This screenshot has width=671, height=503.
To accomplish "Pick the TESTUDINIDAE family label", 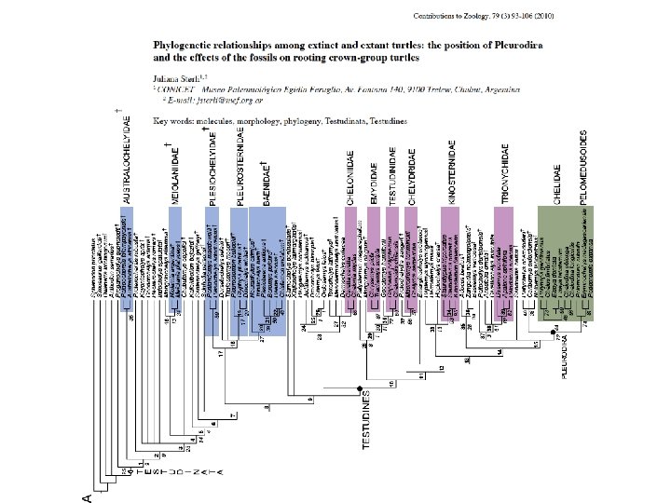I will pyautogui.click(x=393, y=171).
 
